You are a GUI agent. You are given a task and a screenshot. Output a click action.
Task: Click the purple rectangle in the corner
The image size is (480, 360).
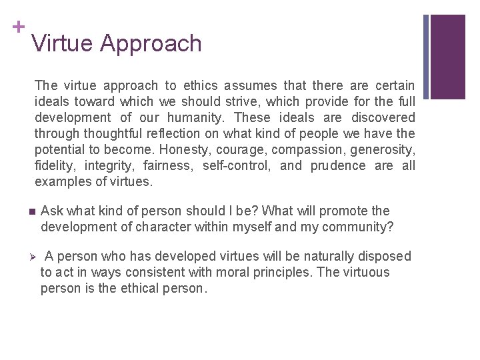coord(447,57)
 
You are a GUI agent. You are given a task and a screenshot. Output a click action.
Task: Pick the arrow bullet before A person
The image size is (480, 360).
coord(32,257)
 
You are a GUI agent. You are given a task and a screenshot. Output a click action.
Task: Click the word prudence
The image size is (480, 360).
coord(338,166)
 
